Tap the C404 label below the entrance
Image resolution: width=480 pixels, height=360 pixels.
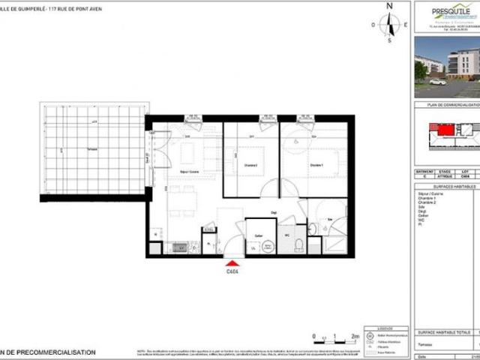[232, 274]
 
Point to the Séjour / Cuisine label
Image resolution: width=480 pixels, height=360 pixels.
[177, 172]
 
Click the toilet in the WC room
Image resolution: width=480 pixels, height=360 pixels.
[298, 245]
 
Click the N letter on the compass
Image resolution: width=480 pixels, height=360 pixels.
[388, 6]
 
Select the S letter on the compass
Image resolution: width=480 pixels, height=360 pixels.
[389, 41]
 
